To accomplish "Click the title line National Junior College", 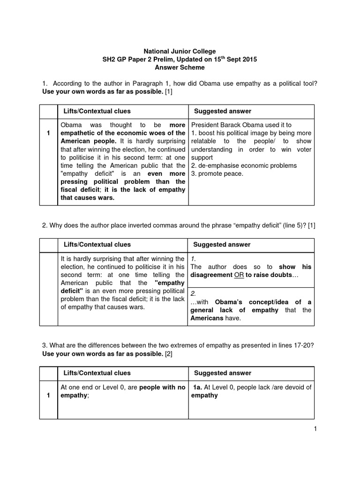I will point(180,51).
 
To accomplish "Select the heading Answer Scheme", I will point(180,67).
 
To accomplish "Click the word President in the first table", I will point(207,125).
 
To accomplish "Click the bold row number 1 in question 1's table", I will point(48,134).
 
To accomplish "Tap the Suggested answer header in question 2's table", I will point(222,245).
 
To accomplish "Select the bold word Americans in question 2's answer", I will point(207,318).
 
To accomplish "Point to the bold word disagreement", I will point(212,275).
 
